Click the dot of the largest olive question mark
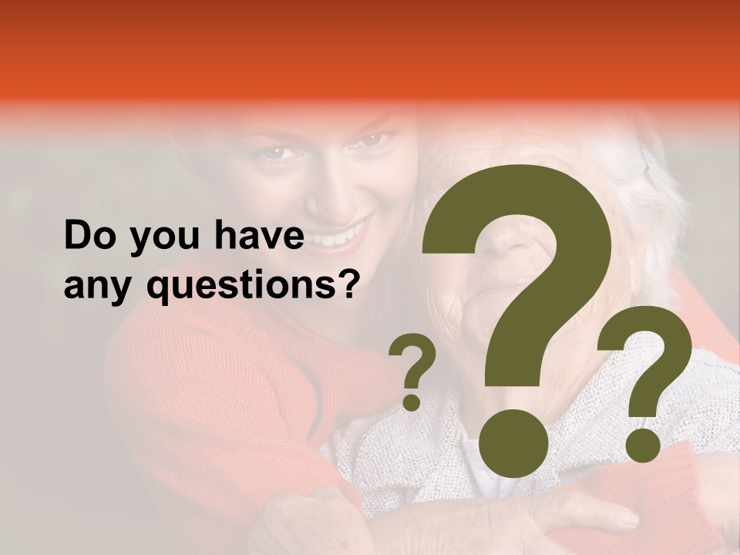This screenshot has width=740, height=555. tap(513, 442)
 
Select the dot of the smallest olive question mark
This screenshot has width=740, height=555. tap(412, 402)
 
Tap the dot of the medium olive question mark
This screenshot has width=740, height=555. tap(643, 444)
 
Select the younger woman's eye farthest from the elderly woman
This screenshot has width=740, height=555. tap(274, 153)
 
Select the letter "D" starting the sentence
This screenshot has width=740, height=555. tap(76, 237)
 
